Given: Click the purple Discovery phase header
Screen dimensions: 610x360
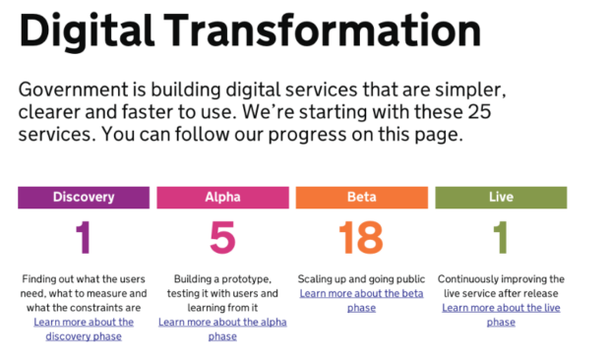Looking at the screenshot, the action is point(84,198).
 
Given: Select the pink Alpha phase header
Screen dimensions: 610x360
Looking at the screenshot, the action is point(223,198).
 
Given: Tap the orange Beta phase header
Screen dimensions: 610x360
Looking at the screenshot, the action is point(362,198).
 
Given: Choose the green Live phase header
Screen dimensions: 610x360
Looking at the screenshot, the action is point(501,198).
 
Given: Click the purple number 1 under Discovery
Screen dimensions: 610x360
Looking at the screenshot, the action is point(84,237).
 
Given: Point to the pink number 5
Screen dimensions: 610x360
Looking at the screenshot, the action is point(222,237).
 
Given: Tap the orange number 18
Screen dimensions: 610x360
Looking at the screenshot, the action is point(361,237).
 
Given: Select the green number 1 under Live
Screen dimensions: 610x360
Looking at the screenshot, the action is point(501,237).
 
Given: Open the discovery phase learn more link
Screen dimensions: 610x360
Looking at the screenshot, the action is point(84,330).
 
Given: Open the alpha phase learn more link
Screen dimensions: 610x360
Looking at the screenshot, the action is point(222,330).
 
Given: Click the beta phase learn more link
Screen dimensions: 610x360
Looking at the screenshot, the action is point(361,301).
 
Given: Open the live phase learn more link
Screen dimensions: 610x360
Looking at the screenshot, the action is point(501,315).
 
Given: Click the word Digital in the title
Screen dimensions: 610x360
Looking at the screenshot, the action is point(87,31).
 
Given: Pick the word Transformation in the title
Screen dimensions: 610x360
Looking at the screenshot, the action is point(322,30).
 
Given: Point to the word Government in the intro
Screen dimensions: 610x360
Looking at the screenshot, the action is point(73,90).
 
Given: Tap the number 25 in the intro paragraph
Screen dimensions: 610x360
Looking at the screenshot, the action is point(480,112).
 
